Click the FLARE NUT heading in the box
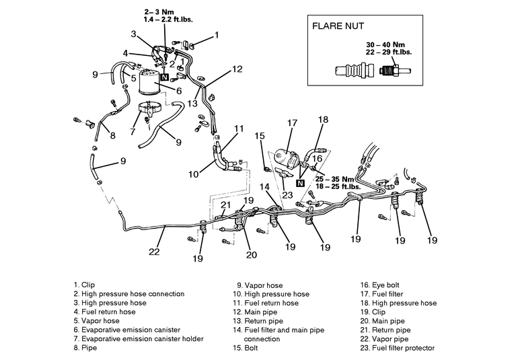(x=342, y=28)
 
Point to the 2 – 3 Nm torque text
(x=159, y=11)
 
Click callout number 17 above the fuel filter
(x=291, y=123)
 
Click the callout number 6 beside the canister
(x=179, y=90)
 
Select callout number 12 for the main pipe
(x=237, y=69)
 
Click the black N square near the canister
(x=164, y=77)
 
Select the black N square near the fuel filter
(x=300, y=183)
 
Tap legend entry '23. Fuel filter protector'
(x=398, y=349)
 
